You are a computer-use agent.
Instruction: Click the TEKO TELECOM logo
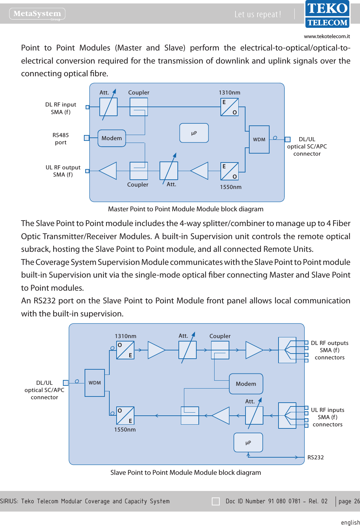point(327,14)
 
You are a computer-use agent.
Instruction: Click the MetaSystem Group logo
point(37,14)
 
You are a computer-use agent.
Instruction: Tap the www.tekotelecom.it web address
point(327,36)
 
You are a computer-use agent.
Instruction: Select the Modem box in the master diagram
point(112,138)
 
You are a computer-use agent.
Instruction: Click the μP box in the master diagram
point(194,133)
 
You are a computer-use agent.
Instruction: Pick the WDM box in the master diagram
point(259,139)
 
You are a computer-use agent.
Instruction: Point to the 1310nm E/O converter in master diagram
point(229,107)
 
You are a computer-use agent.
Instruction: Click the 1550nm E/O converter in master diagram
point(229,171)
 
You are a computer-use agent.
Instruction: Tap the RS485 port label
point(61,139)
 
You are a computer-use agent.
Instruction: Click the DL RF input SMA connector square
point(87,107)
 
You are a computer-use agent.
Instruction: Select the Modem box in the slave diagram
point(246,384)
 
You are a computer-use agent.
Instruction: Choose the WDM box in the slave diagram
point(95,383)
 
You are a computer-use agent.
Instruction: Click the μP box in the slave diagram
point(248,443)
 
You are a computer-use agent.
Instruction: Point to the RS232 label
point(316,457)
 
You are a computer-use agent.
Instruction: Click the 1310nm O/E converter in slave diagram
point(125,350)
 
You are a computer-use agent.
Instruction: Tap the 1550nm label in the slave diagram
point(125,429)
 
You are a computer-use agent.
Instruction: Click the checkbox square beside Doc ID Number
point(216,501)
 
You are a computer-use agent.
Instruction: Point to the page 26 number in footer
point(349,501)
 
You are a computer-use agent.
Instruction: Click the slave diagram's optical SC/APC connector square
point(66,383)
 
